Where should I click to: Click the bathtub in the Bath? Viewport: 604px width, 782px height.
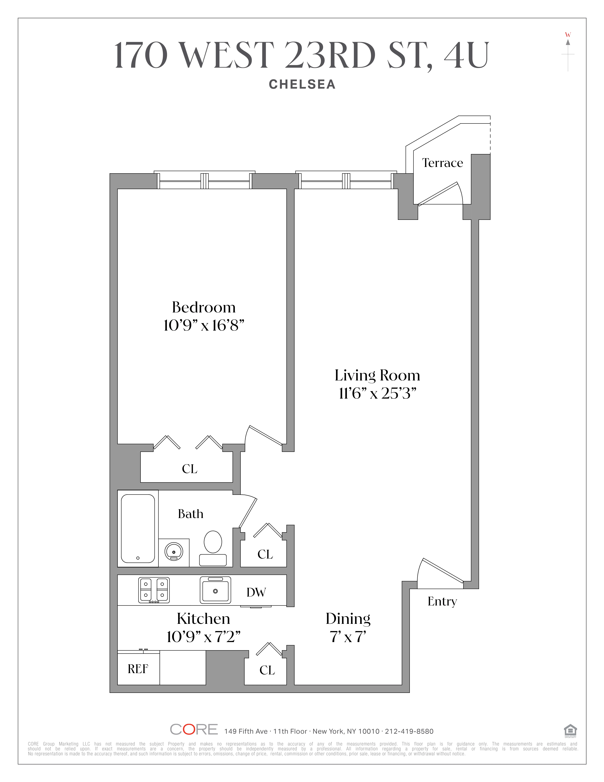[138, 528]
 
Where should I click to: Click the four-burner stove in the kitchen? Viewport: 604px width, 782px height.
[154, 590]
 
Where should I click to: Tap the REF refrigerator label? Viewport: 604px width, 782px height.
[138, 669]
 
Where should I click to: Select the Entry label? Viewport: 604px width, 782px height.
[442, 601]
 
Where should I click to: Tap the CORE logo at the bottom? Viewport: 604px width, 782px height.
[194, 729]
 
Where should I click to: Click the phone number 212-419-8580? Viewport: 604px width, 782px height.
[409, 731]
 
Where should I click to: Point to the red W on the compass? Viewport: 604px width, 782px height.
[568, 35]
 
